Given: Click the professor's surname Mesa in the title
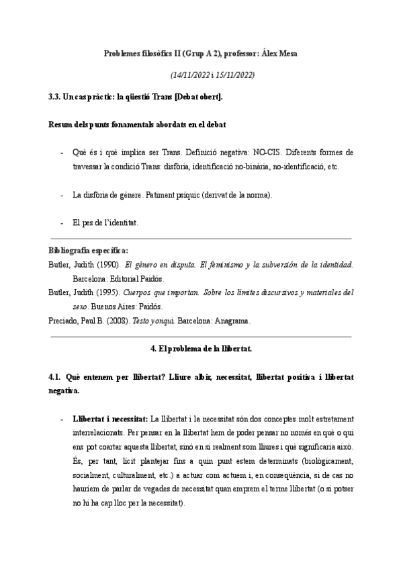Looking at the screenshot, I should (285, 53).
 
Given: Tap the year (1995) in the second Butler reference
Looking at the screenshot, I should (107, 293).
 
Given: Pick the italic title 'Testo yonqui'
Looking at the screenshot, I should (154, 321).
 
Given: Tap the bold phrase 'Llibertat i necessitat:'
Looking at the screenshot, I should (110, 418).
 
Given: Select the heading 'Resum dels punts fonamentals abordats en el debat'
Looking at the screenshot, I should (137, 124).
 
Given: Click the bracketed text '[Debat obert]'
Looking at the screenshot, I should (199, 97).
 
